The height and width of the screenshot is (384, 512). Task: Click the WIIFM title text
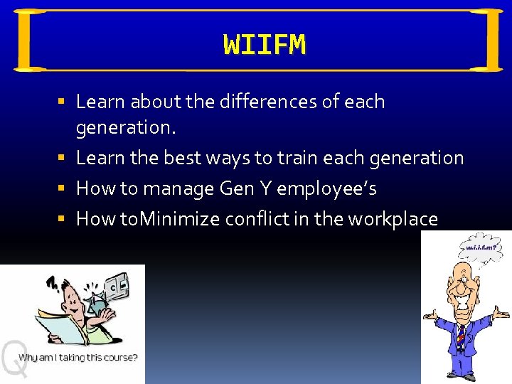pos(265,45)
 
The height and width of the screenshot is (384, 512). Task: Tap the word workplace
pos(393,219)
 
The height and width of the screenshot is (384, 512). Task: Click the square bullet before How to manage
pos(63,189)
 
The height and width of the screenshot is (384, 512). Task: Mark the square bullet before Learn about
pos(63,102)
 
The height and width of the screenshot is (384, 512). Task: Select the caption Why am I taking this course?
pos(78,357)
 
